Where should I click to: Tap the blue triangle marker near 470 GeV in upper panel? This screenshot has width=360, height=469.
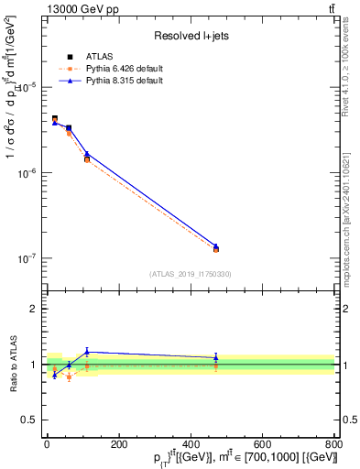pos(215,246)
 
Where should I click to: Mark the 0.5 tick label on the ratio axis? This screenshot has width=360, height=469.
pos(29,420)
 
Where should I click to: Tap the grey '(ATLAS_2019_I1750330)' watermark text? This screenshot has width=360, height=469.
pos(190,274)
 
